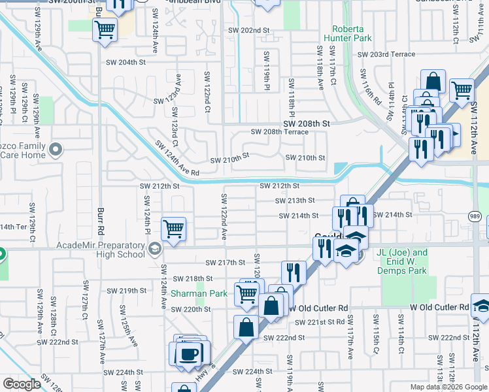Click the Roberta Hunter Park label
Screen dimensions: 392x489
352,34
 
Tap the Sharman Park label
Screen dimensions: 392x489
199,293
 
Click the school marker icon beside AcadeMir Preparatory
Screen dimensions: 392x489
155,249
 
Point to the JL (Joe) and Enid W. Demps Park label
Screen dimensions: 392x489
401,261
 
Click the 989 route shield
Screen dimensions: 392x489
475,216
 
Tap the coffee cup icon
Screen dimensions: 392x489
190,355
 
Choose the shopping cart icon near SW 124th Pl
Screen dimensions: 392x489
173,229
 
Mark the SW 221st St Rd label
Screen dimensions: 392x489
326,322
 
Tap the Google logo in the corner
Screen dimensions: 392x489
22,384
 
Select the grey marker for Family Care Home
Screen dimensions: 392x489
56,150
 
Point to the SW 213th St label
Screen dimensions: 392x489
295,201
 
